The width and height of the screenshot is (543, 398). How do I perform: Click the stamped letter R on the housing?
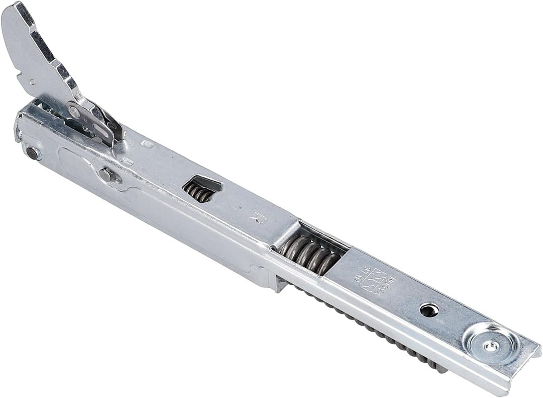pos(258,217)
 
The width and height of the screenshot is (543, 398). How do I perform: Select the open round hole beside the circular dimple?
pos(428,310)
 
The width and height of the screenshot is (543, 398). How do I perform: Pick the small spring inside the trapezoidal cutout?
pos(198,192)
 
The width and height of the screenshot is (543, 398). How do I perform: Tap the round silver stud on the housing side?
pos(106,175)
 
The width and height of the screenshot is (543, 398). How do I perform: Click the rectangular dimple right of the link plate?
pos(147,144)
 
